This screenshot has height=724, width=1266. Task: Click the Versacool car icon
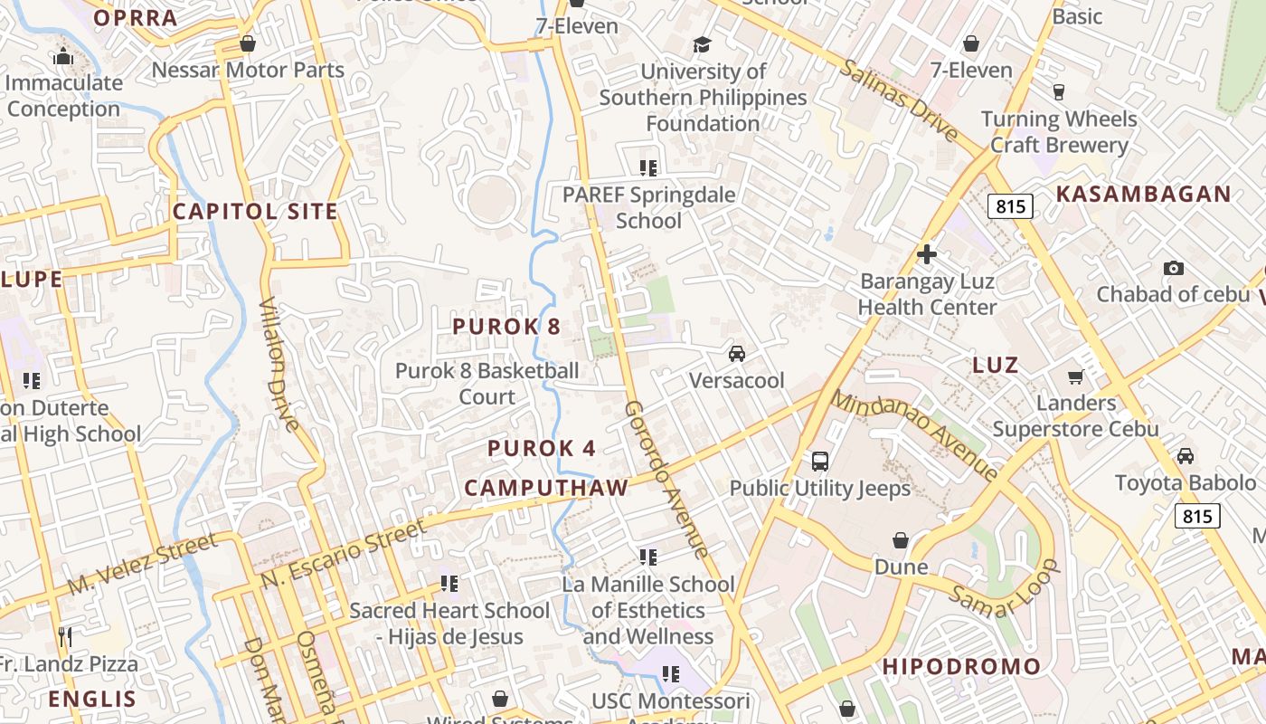[x=737, y=353]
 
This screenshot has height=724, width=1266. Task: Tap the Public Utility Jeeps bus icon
[x=820, y=461]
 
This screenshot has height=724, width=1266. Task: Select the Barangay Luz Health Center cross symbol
[x=927, y=254]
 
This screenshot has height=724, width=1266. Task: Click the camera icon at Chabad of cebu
[x=1174, y=268]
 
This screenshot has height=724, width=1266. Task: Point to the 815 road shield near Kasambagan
[x=1010, y=206]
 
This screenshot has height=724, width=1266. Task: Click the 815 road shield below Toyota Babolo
[x=1197, y=516]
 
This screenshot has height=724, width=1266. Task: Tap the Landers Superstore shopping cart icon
[x=1075, y=376]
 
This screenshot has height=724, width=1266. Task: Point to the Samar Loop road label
[x=1004, y=589]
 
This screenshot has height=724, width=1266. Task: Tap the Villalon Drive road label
[x=279, y=363]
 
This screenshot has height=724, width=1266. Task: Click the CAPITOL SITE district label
[x=255, y=212]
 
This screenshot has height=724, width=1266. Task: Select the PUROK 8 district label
[x=506, y=327]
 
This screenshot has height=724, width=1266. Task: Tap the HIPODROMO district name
[x=961, y=667]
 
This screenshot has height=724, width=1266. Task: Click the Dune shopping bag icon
[x=902, y=540]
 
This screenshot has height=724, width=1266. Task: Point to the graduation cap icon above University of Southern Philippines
[x=702, y=44]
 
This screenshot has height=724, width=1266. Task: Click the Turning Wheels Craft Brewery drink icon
[x=1058, y=91]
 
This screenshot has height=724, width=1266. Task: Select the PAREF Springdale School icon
[x=647, y=167]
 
